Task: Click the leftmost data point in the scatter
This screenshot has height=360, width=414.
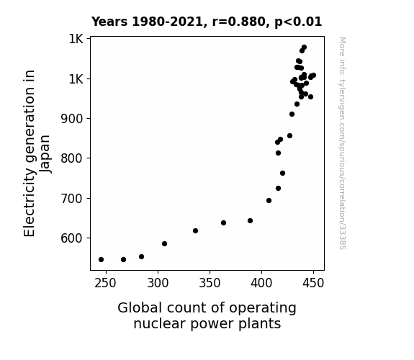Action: pyautogui.click(x=101, y=260)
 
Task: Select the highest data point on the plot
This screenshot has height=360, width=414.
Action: pyautogui.click(x=304, y=48)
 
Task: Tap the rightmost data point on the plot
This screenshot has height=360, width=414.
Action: pyautogui.click(x=313, y=76)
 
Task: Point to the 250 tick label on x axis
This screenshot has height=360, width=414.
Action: pyautogui.click(x=105, y=283)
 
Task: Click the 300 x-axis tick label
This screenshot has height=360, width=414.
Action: pyautogui.click(x=158, y=283)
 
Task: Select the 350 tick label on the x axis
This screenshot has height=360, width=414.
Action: pyautogui.click(x=210, y=283)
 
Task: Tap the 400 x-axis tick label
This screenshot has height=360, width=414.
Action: pyautogui.click(x=261, y=283)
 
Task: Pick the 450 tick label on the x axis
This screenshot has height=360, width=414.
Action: pyautogui.click(x=313, y=283)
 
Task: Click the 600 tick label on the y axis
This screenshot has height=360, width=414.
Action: pyautogui.click(x=72, y=238)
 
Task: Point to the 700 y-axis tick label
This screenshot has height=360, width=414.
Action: pyautogui.click(x=72, y=198)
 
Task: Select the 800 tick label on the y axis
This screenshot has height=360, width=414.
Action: pyautogui.click(x=72, y=158)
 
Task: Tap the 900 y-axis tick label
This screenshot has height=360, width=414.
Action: pyautogui.click(x=72, y=119)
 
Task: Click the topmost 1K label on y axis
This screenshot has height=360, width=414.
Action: pyautogui.click(x=76, y=39)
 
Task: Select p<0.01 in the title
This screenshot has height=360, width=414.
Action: pyautogui.click(x=298, y=22)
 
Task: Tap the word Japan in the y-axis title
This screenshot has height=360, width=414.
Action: pyautogui.click(x=45, y=154)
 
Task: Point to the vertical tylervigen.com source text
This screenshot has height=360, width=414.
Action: pyautogui.click(x=342, y=143)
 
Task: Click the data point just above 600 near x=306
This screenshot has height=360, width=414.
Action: pyautogui.click(x=164, y=244)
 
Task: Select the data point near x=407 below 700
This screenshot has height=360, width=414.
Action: pyautogui.click(x=269, y=200)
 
